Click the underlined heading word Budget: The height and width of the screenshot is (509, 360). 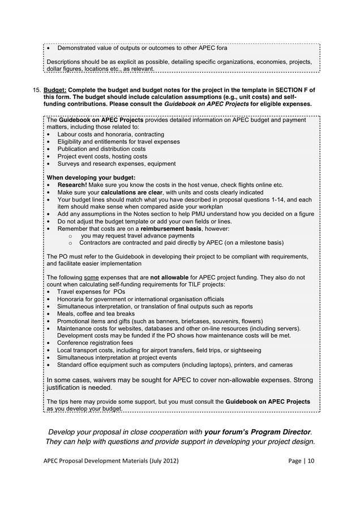55,90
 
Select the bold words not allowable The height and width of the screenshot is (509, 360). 169,278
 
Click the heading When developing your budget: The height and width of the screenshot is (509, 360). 91,178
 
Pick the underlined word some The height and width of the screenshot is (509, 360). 91,278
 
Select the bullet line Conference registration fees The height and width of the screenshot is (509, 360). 95,343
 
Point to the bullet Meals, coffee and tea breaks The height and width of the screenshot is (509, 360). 96,313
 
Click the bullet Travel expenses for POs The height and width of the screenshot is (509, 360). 91,292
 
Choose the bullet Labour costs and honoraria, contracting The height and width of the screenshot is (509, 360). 110,135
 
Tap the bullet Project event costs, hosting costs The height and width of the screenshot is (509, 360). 102,157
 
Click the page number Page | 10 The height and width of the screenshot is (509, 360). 301,461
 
